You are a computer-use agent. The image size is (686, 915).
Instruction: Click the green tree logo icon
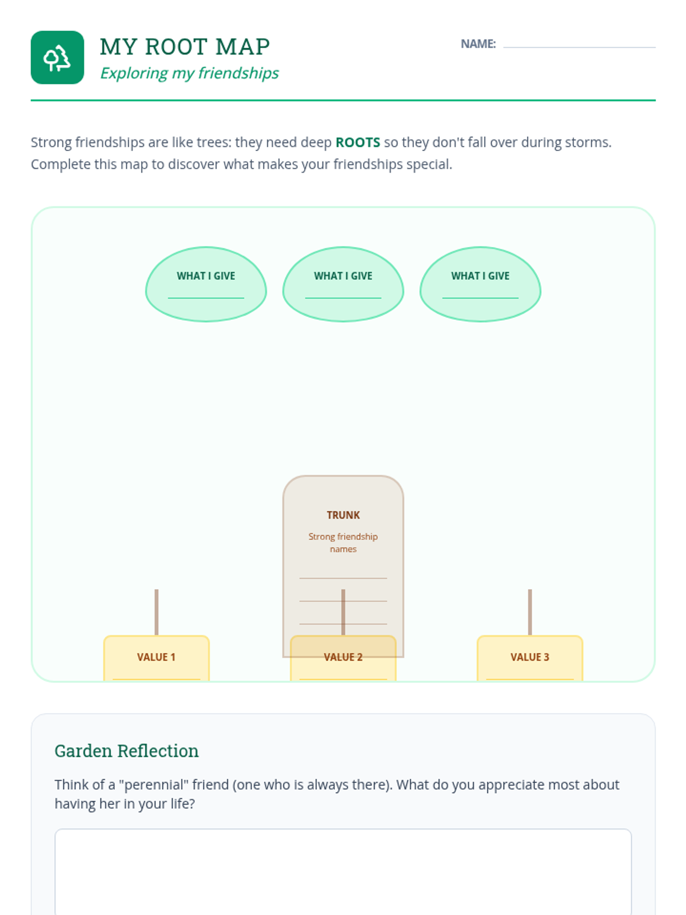(x=57, y=58)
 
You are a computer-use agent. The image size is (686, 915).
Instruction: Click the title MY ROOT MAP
(x=185, y=47)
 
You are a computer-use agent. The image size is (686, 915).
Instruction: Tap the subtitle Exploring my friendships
(x=189, y=73)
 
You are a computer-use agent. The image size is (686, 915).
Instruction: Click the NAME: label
(x=478, y=44)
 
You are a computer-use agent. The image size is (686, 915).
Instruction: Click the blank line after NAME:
(x=579, y=45)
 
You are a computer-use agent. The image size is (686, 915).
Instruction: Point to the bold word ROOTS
(x=357, y=142)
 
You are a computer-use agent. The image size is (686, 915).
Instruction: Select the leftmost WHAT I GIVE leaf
(x=206, y=284)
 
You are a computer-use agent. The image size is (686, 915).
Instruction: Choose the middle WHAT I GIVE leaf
(x=343, y=284)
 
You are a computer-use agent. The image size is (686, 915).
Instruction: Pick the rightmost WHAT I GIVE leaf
(x=480, y=284)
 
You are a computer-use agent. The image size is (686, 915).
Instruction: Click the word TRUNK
(x=343, y=515)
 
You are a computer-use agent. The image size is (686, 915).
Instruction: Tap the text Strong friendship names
(x=343, y=543)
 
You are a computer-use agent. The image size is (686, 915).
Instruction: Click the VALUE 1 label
(x=156, y=657)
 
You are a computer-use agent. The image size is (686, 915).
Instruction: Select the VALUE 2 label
(x=343, y=657)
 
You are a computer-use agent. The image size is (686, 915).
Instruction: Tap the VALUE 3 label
(x=529, y=657)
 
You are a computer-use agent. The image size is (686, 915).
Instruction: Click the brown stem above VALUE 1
(x=156, y=612)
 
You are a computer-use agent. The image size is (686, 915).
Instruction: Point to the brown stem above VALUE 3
(x=530, y=612)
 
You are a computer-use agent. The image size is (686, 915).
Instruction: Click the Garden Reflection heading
(x=126, y=751)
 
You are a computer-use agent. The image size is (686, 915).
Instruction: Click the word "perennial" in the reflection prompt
(x=153, y=785)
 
